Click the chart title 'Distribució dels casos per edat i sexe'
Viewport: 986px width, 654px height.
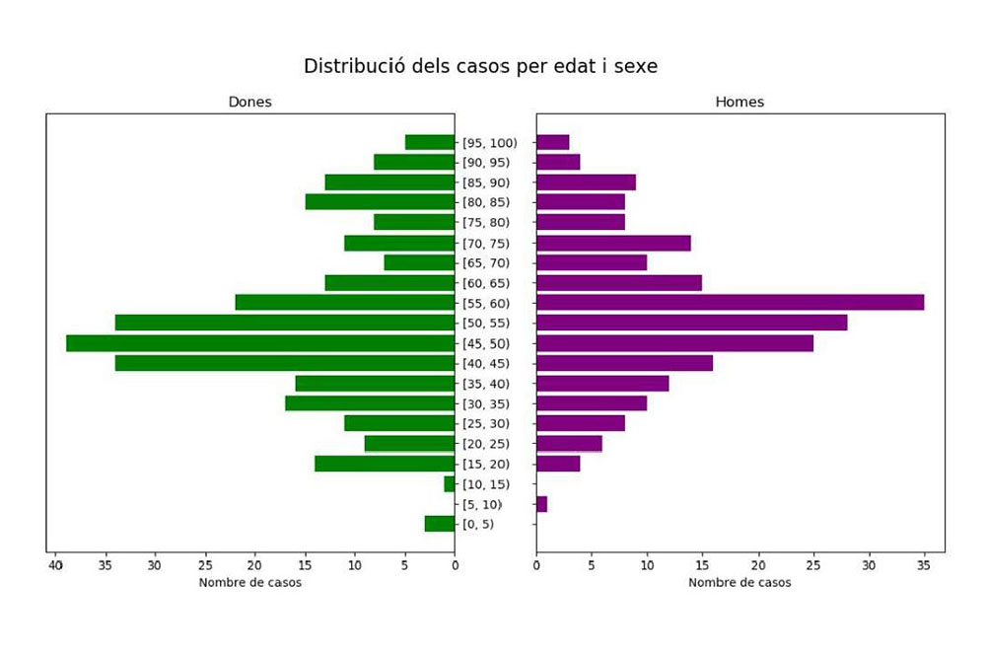[480, 66]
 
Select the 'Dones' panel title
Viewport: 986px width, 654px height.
[249, 102]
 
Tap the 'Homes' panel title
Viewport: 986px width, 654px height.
[739, 102]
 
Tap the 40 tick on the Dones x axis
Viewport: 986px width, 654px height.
[56, 565]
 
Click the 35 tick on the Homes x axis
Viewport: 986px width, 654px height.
[923, 565]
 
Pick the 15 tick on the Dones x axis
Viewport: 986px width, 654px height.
[305, 565]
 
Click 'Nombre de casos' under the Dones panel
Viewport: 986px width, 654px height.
[250, 582]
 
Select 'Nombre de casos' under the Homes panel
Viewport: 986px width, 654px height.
[739, 582]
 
